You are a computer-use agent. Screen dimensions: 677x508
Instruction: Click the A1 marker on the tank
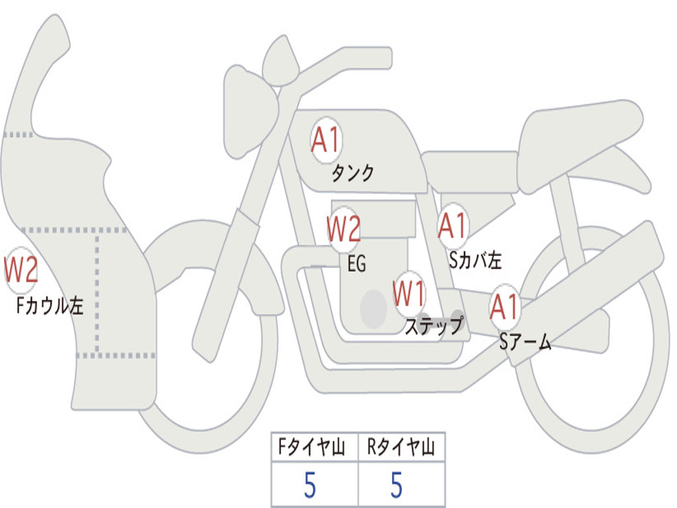(325, 140)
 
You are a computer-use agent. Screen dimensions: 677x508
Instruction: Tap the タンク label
(352, 173)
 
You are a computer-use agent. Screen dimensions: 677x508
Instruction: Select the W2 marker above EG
(344, 229)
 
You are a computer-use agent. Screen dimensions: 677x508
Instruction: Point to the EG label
(356, 265)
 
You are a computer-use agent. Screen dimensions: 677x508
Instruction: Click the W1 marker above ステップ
(409, 293)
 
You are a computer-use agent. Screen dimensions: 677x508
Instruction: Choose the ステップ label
(433, 326)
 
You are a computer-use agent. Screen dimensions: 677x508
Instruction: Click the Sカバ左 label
(475, 261)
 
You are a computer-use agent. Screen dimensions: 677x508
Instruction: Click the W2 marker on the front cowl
(20, 270)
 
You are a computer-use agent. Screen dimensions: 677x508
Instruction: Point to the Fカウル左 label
(50, 306)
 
